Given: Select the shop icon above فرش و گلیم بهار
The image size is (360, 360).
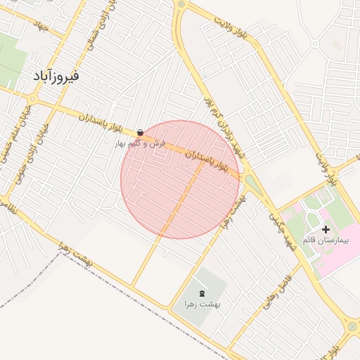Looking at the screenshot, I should click(141, 131).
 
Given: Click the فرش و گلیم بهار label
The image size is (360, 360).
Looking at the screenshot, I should click(141, 143).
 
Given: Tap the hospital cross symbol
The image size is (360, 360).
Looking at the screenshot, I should click(326, 229).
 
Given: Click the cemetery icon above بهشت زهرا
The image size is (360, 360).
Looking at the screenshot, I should click(202, 293).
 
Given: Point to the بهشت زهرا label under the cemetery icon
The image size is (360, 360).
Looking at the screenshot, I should click(202, 304).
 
